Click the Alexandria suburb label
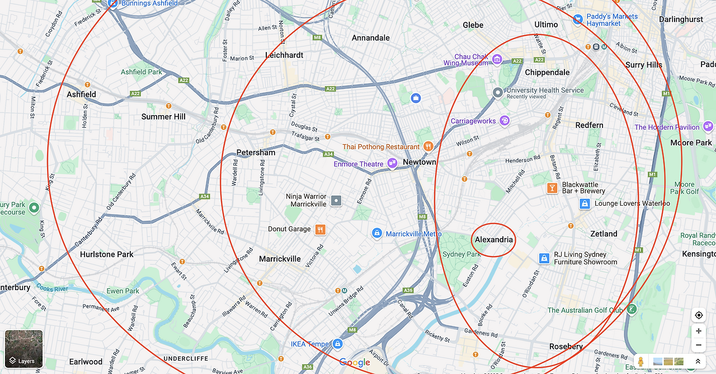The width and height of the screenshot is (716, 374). pos(493,240)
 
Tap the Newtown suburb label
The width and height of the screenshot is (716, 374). pos(419,162)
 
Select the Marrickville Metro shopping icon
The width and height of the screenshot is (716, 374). pos(378,233)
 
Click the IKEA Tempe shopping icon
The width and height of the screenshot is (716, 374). pos(337,344)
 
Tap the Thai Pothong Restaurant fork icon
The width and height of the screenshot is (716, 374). pos(428,146)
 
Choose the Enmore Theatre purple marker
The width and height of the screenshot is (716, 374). pos(392,164)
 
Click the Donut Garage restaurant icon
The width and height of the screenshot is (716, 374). pos(320,229)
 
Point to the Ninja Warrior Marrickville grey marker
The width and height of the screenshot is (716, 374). pos(336,200)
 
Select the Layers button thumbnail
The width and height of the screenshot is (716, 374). pos(23,348)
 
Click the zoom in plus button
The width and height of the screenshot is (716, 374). pos(699,331)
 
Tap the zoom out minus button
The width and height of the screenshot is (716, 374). pos(699,345)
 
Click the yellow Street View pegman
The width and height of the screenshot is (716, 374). pos(641,362)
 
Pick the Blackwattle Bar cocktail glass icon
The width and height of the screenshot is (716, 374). pos(552,188)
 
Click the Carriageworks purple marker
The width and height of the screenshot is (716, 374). pos(505,121)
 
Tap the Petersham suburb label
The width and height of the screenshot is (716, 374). pos(256,153)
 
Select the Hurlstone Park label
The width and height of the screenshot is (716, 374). pos(106,254)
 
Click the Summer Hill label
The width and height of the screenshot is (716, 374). pos(163,117)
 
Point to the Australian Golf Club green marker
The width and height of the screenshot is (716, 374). pos(632,309)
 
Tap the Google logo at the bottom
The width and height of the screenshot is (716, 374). pos(355,363)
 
